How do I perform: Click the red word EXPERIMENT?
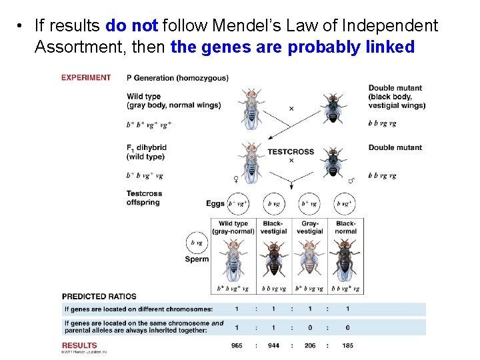(x=86, y=77)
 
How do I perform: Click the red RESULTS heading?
(x=79, y=345)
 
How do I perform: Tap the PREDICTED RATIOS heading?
(x=99, y=296)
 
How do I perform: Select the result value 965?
(x=237, y=345)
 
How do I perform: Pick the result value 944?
(x=273, y=345)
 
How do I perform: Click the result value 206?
(x=310, y=345)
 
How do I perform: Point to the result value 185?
(x=347, y=345)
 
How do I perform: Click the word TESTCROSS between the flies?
(x=291, y=152)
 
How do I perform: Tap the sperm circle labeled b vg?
(x=197, y=243)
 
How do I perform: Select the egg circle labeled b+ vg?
(x=309, y=203)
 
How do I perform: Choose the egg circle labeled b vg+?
(x=345, y=203)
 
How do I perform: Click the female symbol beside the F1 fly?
(x=235, y=179)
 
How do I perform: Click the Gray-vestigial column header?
(x=310, y=227)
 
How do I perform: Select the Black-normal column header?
(x=346, y=227)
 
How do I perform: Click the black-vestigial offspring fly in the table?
(x=273, y=260)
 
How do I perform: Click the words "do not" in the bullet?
(x=131, y=26)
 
